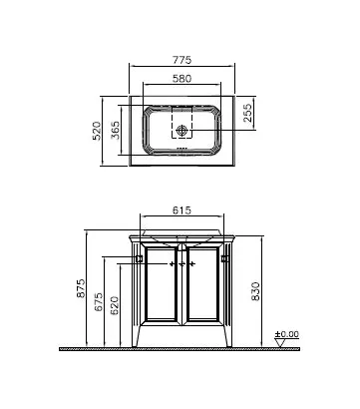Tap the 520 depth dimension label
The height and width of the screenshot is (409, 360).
pos(98,129)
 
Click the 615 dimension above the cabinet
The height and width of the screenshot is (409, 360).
pos(181,210)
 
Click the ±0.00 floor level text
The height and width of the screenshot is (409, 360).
pos(287,333)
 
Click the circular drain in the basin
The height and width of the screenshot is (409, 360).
pos(181,130)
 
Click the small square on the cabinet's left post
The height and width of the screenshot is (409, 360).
pos(139,260)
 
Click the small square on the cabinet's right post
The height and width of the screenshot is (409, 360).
pos(223,260)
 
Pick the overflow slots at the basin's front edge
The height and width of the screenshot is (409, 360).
pos(181,151)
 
